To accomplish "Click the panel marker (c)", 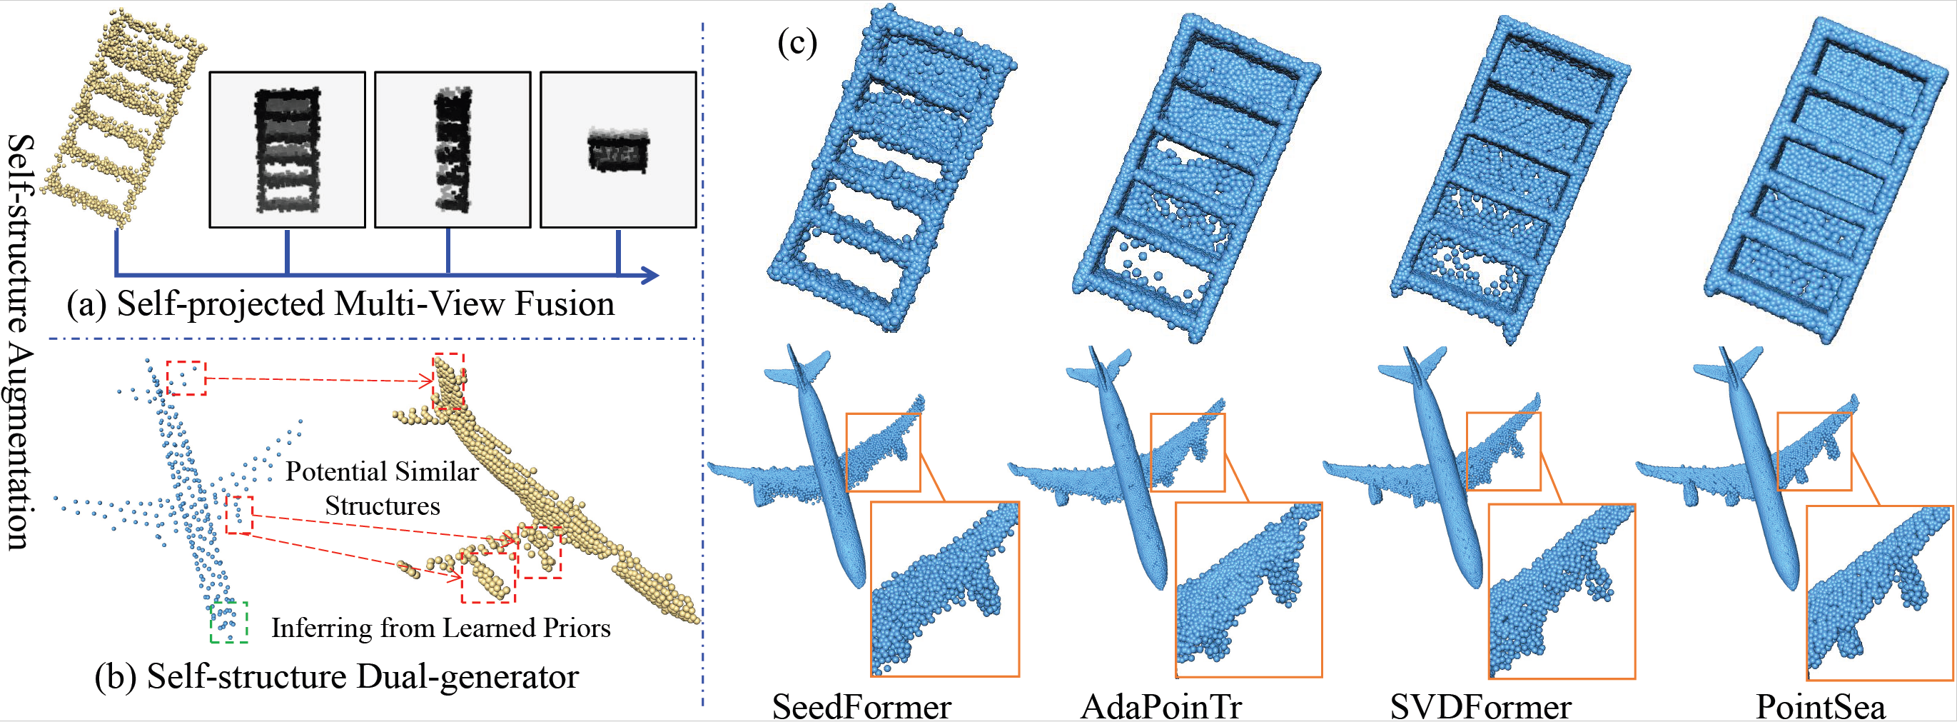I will pyautogui.click(x=797, y=43).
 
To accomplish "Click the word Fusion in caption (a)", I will pyautogui.click(x=565, y=304).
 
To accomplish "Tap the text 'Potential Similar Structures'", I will pyautogui.click(x=382, y=488).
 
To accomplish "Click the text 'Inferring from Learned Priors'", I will pyautogui.click(x=440, y=628).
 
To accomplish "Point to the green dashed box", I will pyautogui.click(x=228, y=623).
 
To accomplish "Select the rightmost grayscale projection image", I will pyautogui.click(x=617, y=150).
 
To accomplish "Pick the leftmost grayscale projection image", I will pyautogui.click(x=287, y=150).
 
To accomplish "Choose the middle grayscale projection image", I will pyautogui.click(x=452, y=150).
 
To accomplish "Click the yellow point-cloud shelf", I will pyautogui.click(x=121, y=118).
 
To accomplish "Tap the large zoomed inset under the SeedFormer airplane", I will pyautogui.click(x=944, y=589).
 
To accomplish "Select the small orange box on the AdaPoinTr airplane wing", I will pyautogui.click(x=1188, y=452).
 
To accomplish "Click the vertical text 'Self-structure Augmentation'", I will pyautogui.click(x=21, y=342).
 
